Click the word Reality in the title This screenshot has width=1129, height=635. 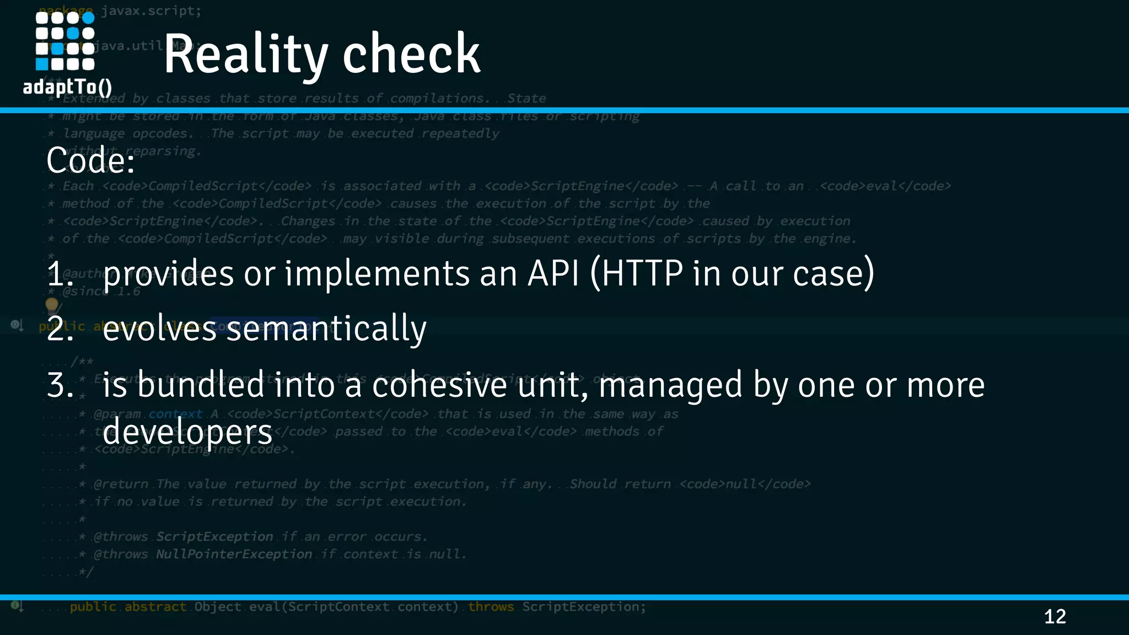tap(246, 54)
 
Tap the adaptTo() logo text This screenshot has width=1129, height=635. tap(67, 87)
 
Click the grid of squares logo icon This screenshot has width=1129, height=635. tap(65, 41)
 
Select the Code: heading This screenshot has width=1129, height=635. tap(90, 160)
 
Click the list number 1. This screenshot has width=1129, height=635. tap(60, 274)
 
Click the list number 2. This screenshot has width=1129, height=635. tap(60, 329)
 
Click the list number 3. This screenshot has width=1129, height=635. tap(60, 385)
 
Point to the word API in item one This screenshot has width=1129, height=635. tap(553, 273)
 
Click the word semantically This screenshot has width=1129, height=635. tap(326, 329)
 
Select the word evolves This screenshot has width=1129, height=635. tap(159, 329)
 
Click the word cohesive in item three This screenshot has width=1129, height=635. tap(439, 385)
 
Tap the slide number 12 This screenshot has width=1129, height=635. tap(1055, 616)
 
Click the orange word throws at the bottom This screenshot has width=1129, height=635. tap(491, 607)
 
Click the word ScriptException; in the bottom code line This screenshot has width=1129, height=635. tap(584, 607)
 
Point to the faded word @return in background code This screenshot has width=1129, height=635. tap(121, 484)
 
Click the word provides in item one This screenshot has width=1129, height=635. tap(168, 274)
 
